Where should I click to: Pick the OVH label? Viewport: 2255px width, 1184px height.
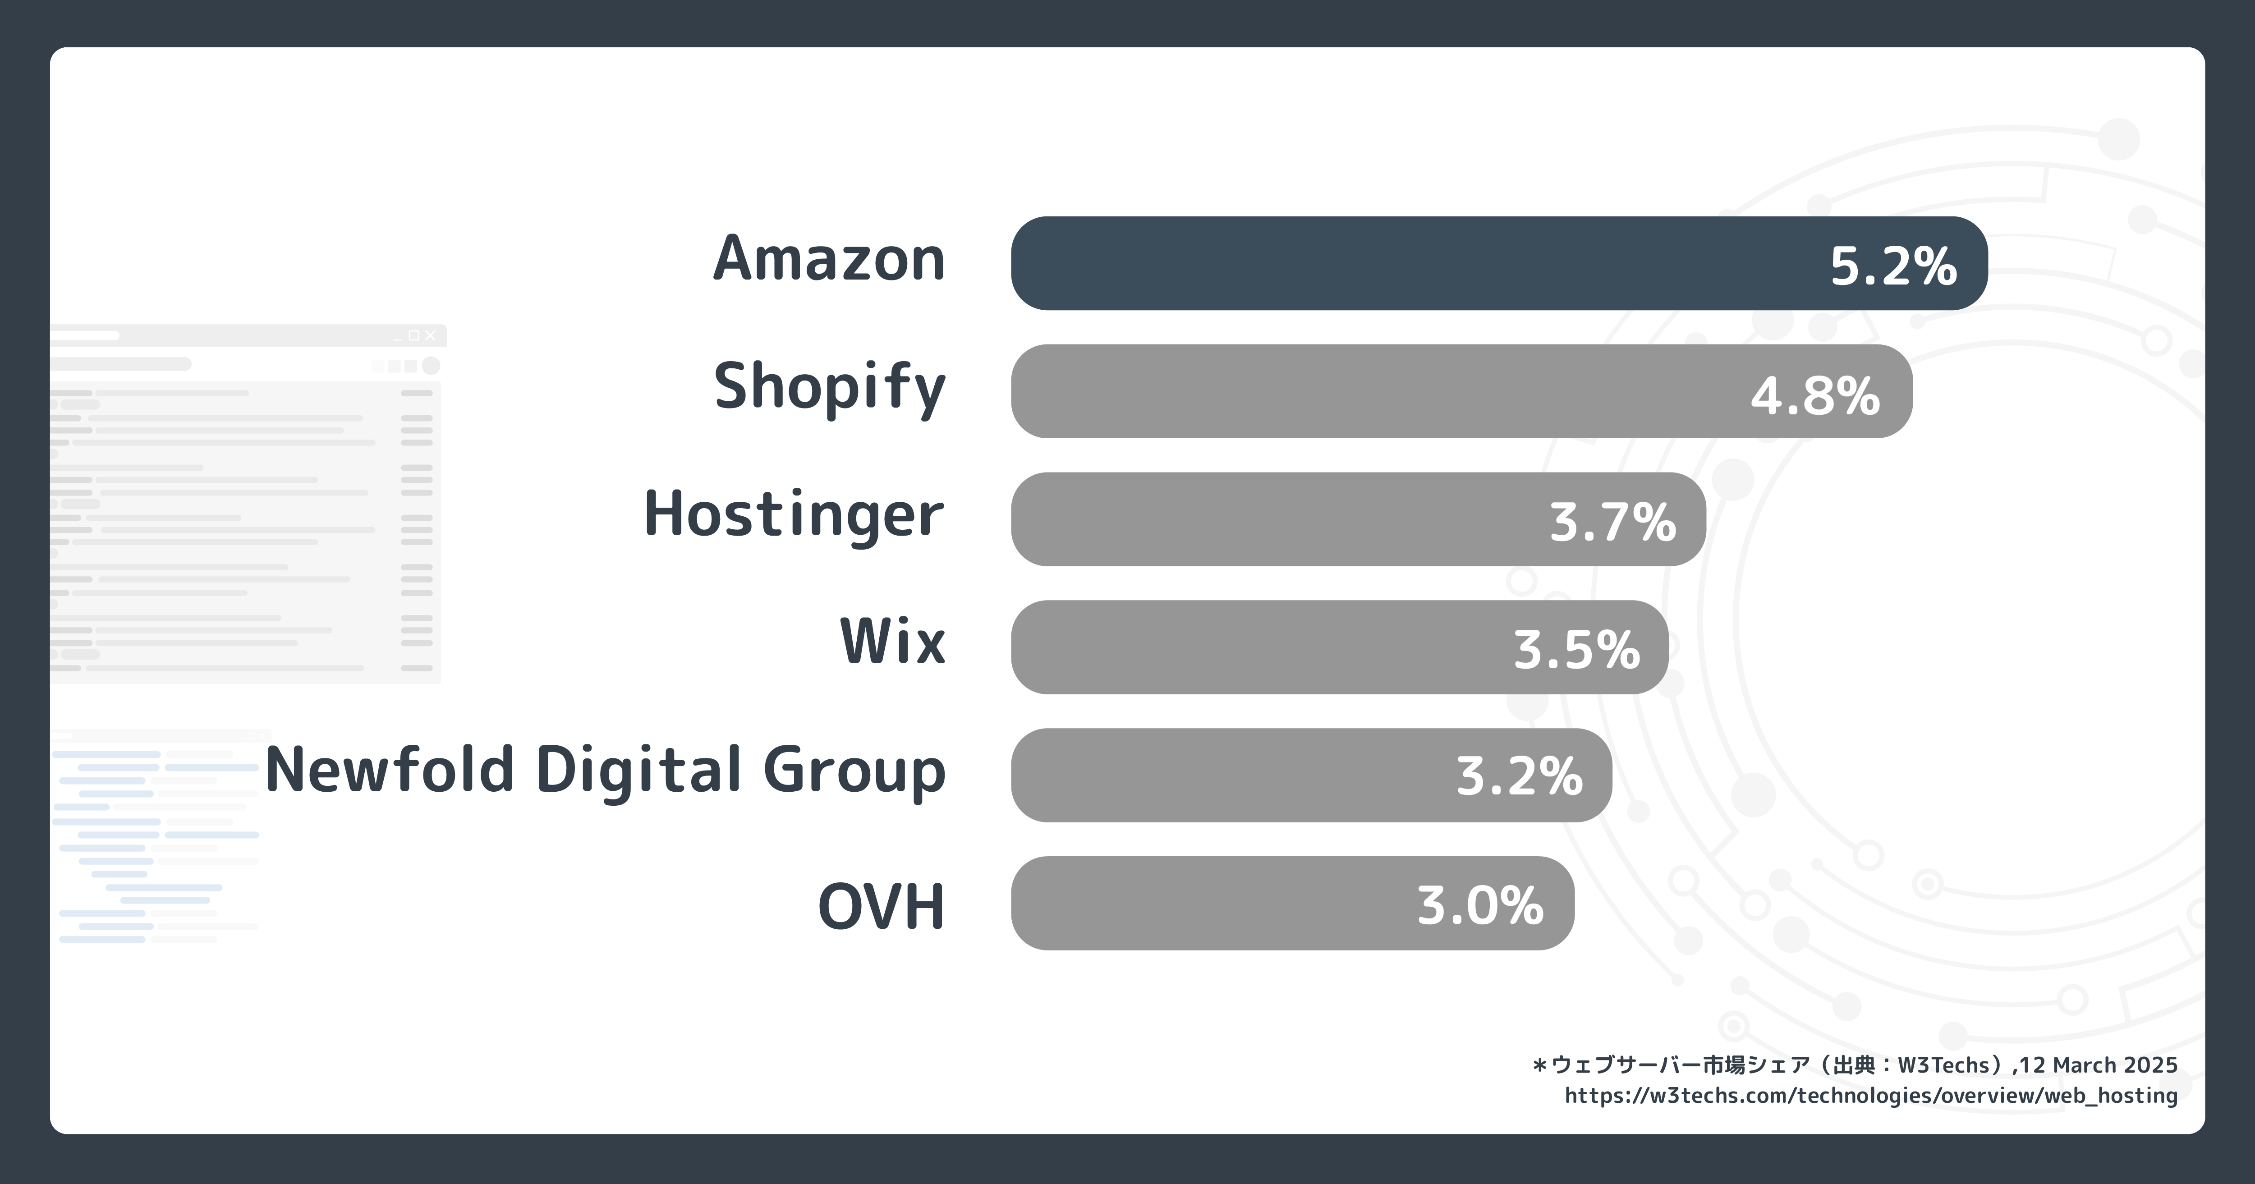(x=881, y=907)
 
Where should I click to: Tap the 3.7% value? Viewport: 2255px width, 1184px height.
(x=1612, y=523)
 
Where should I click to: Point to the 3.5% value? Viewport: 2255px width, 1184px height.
(x=1576, y=651)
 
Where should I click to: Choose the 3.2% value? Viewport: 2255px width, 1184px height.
(x=1519, y=777)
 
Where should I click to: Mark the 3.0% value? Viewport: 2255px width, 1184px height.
(x=1480, y=906)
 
